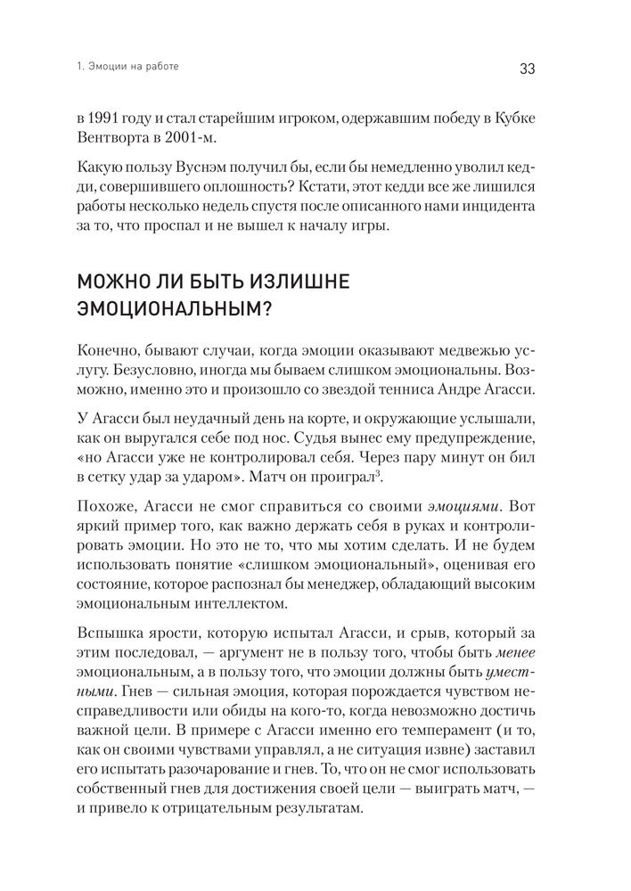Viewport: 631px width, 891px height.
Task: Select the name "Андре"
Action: pyautogui.click(x=472, y=390)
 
